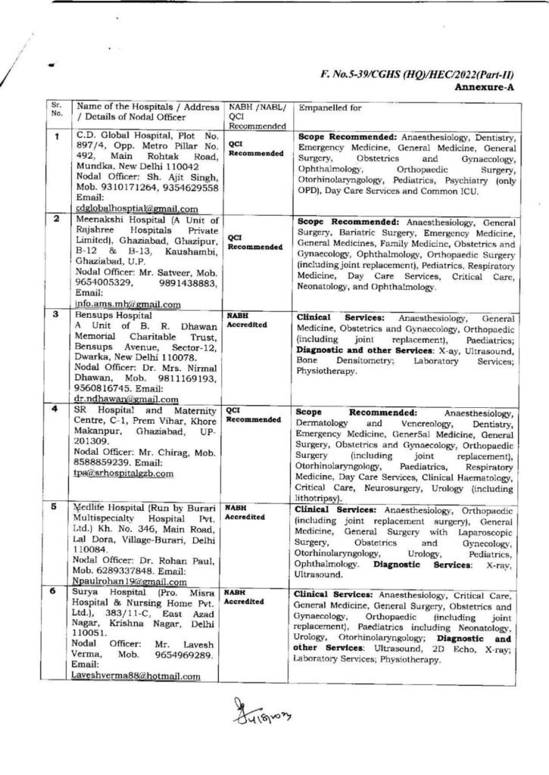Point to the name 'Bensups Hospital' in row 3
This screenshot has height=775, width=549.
point(111,313)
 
